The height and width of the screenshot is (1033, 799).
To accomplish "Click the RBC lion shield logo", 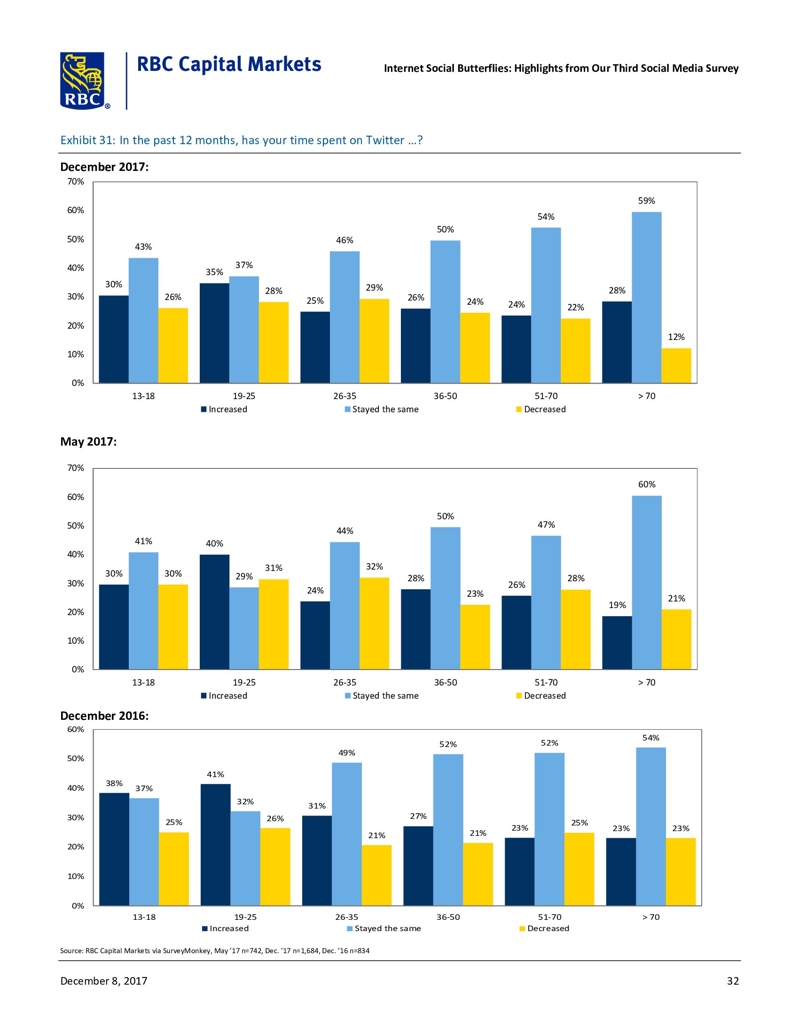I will click(83, 80).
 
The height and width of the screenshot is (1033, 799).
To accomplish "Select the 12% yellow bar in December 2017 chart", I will click(676, 365).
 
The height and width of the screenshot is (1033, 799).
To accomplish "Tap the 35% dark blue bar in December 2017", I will click(214, 332).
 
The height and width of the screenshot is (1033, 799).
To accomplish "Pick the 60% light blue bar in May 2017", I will click(646, 582).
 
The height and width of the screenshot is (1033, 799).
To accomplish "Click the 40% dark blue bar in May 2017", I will click(214, 611).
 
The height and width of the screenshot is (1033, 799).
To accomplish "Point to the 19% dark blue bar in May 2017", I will click(617, 642).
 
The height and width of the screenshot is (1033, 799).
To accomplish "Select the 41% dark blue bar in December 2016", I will click(215, 844).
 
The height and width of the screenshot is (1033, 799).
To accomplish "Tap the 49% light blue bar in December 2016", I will click(346, 833).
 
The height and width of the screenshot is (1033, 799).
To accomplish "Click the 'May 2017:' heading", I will click(88, 442).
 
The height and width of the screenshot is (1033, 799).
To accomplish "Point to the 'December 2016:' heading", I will click(104, 716).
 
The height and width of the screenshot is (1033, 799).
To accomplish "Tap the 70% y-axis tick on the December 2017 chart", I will click(76, 182).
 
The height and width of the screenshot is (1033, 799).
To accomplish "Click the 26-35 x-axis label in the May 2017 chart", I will click(345, 683).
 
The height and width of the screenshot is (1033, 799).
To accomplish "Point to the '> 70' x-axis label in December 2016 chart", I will click(650, 917).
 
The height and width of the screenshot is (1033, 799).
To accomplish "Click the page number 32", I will click(732, 981).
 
